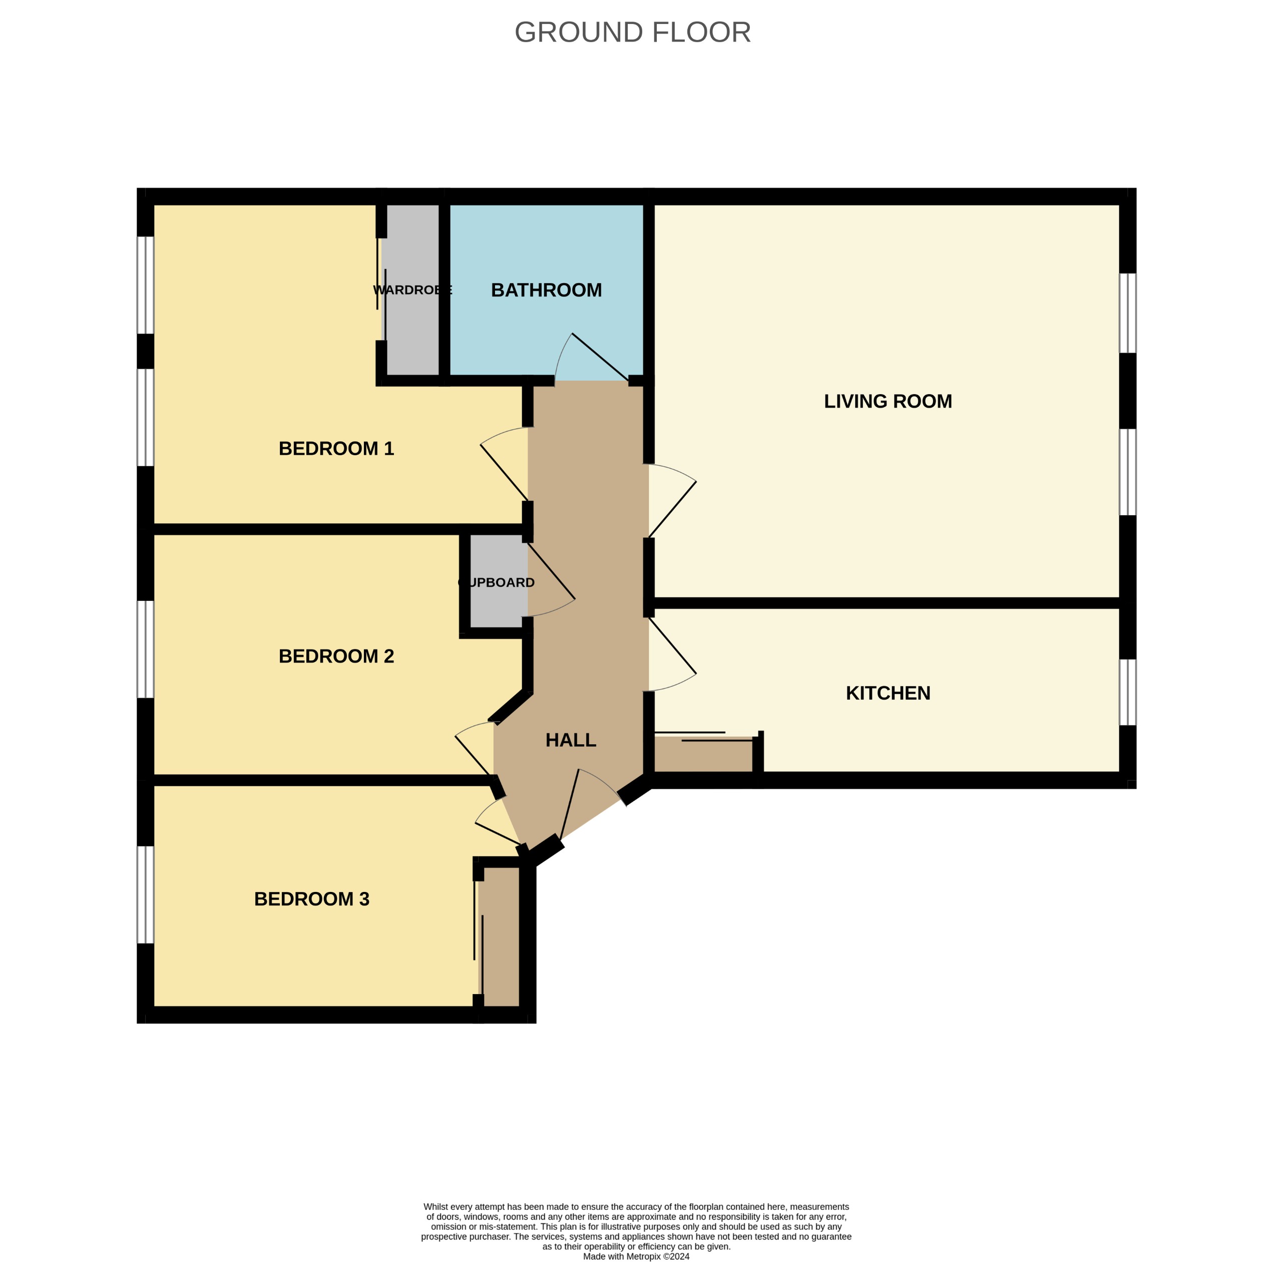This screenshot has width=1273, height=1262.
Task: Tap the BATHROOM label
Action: [546, 290]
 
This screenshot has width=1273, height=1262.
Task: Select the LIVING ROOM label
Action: [888, 401]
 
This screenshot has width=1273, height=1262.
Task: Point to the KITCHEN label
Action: [888, 693]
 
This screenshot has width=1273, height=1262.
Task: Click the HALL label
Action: [571, 740]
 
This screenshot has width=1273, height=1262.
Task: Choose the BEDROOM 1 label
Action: [336, 449]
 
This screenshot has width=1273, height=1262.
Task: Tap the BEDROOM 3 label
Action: [312, 899]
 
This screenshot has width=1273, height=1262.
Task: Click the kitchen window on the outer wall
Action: [1127, 692]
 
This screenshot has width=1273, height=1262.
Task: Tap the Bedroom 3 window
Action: [145, 894]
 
